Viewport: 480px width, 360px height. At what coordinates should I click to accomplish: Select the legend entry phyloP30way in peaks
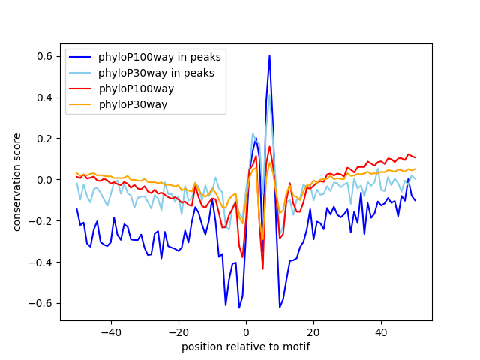tap(156, 73)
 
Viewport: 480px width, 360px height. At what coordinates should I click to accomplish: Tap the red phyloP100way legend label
tap(136, 88)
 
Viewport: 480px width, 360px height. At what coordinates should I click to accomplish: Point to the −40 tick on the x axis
tap(110, 332)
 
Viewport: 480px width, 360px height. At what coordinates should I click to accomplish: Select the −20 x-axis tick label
tap(178, 332)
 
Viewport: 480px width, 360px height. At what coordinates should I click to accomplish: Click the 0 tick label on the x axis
tap(246, 332)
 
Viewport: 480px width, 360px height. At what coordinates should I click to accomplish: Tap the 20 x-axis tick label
tap(313, 332)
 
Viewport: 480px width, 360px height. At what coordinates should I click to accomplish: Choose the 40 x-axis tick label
tap(381, 332)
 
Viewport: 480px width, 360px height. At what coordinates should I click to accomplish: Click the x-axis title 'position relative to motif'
tap(245, 346)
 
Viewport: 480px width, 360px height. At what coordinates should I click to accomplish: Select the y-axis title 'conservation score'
tap(17, 181)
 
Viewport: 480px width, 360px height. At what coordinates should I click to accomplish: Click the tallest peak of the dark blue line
tap(269, 55)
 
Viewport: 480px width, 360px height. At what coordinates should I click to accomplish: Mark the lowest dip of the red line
tap(262, 268)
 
